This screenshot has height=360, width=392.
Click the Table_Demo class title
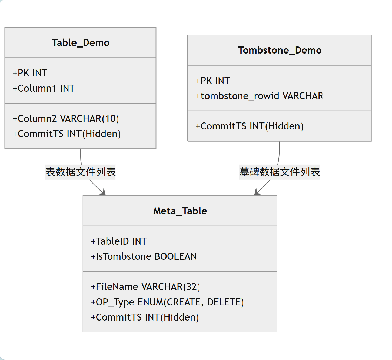81,43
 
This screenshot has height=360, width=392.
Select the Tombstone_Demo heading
280,51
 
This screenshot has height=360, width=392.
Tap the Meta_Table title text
180,211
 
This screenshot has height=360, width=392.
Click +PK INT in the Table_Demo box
30,73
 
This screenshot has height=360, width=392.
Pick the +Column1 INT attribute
43,88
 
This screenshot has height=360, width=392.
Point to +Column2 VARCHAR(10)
65,119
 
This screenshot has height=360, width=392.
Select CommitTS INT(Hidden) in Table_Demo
66,134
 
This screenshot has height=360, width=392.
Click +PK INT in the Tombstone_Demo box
212,81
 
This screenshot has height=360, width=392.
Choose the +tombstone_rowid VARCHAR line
259,96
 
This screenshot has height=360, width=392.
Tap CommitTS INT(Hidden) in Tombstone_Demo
249,126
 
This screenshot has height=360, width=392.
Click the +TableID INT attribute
119,241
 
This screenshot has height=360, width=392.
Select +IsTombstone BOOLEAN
144,256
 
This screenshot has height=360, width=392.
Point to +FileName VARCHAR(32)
145,287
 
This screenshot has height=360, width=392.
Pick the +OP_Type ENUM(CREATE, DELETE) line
167,302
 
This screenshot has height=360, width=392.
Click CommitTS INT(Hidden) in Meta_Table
144,317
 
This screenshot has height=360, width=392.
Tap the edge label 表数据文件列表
80,172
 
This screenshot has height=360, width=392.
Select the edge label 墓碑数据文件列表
280,172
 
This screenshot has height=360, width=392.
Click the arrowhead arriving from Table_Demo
103,192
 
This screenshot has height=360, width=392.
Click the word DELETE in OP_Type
225,302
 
